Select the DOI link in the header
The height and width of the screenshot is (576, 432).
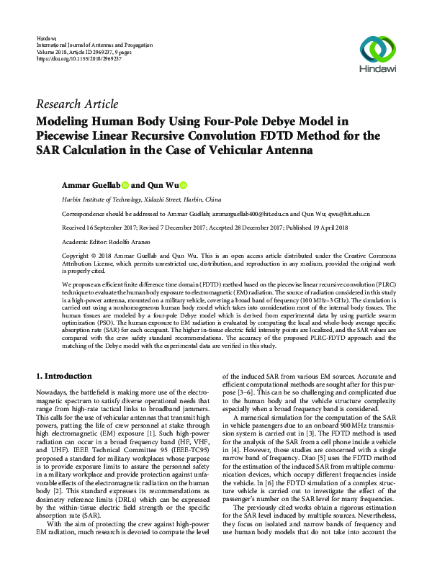[78, 58]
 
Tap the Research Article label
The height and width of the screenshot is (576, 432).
[76, 104]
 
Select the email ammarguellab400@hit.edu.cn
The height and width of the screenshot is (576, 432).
[251, 215]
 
